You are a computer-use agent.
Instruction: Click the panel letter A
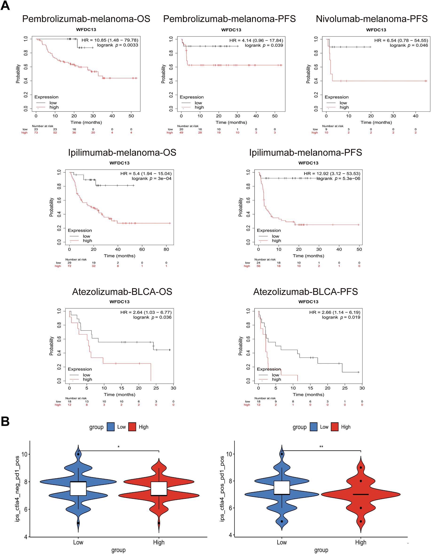5,6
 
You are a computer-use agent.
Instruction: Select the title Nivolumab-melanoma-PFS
372,19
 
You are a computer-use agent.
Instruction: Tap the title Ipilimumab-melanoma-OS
122,152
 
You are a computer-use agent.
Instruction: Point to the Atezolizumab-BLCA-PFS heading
305,292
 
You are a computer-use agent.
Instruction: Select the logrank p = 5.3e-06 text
338,179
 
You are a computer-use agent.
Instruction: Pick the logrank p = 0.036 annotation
152,317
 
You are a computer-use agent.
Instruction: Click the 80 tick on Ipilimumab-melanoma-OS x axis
166,249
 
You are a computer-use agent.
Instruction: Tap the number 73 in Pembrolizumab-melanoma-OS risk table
36,133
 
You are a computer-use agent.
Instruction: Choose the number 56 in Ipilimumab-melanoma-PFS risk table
259,266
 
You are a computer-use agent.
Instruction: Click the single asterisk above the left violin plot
119,447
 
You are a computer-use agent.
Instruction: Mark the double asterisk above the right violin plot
321,447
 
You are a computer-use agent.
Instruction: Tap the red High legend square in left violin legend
132,427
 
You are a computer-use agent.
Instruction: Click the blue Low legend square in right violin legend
313,427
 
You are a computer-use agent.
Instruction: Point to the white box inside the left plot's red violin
159,488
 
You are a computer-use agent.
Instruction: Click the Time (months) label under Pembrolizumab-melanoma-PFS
231,123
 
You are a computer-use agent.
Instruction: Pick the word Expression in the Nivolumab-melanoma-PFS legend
337,97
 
